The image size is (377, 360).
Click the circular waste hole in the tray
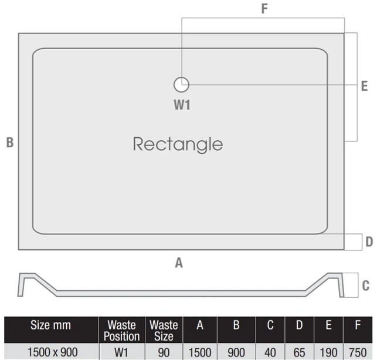click(181, 84)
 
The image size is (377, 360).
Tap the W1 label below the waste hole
click(182, 105)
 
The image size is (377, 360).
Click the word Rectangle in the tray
click(178, 145)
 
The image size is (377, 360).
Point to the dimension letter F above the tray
click(264, 9)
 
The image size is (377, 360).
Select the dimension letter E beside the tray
click(365, 86)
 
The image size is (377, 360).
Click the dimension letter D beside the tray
click(369, 242)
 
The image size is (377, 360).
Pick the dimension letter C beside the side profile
click(366, 286)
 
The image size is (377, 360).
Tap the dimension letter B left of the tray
click(10, 142)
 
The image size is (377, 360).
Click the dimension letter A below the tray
click(179, 263)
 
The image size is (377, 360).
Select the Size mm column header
click(51, 325)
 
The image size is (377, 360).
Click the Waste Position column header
click(121, 331)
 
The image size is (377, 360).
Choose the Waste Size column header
click(164, 331)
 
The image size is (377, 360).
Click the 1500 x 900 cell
click(53, 352)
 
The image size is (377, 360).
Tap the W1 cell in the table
click(121, 353)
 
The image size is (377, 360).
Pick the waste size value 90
click(164, 353)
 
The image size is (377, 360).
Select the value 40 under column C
click(270, 353)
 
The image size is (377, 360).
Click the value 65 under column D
click(300, 353)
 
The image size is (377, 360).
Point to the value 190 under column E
click(328, 353)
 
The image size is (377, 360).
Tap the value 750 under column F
click(358, 353)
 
